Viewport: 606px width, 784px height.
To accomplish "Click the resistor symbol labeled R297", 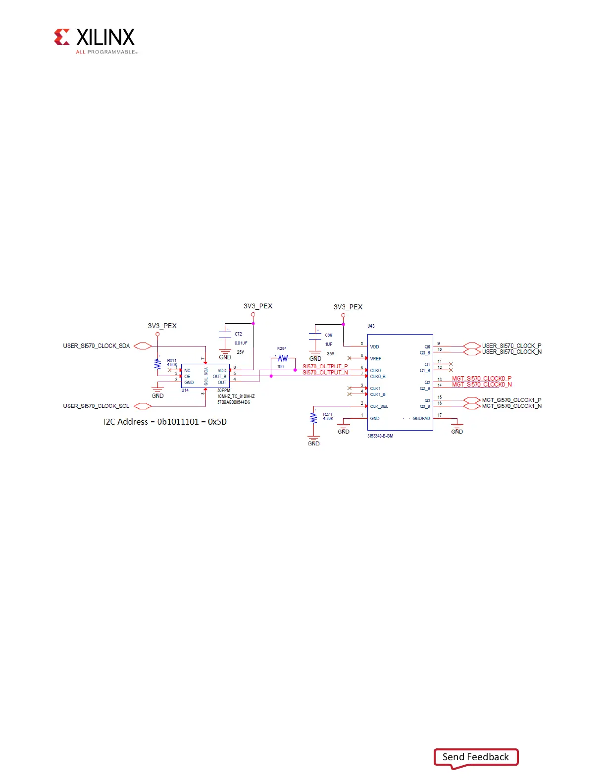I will click(283, 358).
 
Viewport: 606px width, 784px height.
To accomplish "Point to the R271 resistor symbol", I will click(313, 418).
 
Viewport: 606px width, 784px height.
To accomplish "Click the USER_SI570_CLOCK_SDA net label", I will click(96, 346).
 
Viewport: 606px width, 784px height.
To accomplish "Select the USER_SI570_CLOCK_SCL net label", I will click(96, 406).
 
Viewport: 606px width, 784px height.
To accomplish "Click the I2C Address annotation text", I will click(165, 422).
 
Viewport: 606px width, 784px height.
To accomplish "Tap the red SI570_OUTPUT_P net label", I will click(325, 367).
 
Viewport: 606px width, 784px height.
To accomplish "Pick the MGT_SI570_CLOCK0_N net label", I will click(481, 385).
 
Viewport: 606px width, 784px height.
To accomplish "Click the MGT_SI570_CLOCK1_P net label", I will click(511, 400).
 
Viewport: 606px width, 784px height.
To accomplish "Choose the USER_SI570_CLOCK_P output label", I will click(511, 346).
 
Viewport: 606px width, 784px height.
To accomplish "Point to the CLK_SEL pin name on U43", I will click(379, 406).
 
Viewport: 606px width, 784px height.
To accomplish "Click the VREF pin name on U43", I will click(375, 359).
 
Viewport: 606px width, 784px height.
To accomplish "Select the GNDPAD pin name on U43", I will click(421, 418).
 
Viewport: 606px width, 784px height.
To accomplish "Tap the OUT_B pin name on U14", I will click(219, 377).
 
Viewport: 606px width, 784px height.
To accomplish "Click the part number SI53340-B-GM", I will click(380, 436).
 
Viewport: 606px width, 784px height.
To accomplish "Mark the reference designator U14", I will click(185, 391).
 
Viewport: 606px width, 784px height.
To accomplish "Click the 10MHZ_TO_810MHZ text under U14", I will click(236, 396).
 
